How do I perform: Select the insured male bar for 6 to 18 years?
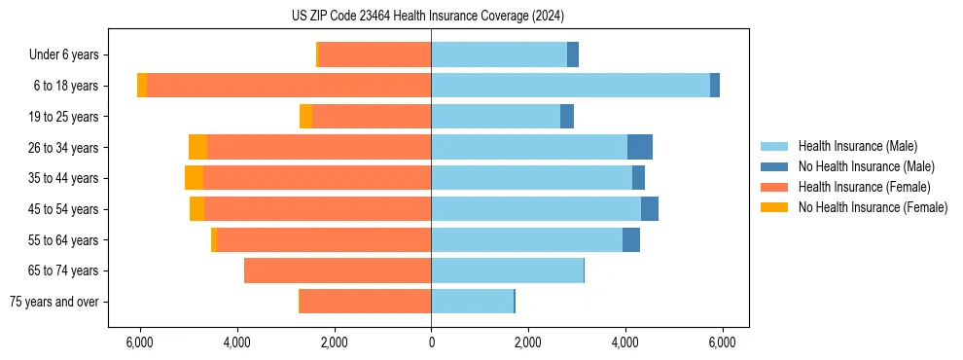[x=570, y=86]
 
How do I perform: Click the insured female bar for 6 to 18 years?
[x=289, y=86]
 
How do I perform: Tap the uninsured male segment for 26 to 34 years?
[x=639, y=147]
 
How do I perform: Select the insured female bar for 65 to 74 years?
[x=338, y=270]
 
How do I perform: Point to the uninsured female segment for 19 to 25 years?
[x=305, y=117]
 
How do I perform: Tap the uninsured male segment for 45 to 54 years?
[x=650, y=209]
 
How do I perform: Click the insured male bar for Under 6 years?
[x=499, y=54]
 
